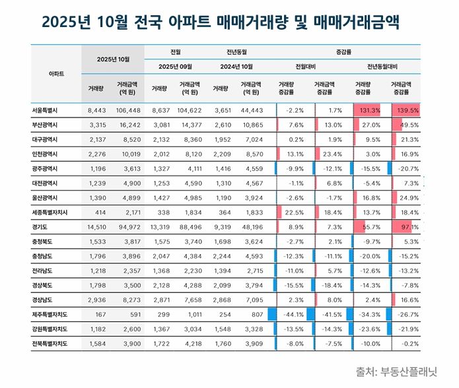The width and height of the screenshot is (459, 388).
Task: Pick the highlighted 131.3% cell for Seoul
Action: pyautogui.click(x=368, y=110)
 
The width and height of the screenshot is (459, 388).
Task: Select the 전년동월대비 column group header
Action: pyautogui.click(x=386, y=66)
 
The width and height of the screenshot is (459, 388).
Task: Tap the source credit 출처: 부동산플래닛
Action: pyautogui.click(x=396, y=371)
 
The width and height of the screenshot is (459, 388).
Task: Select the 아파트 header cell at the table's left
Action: pyautogui.click(x=56, y=73)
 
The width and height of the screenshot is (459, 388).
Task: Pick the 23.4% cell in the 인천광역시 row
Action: pyautogui.click(x=330, y=154)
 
